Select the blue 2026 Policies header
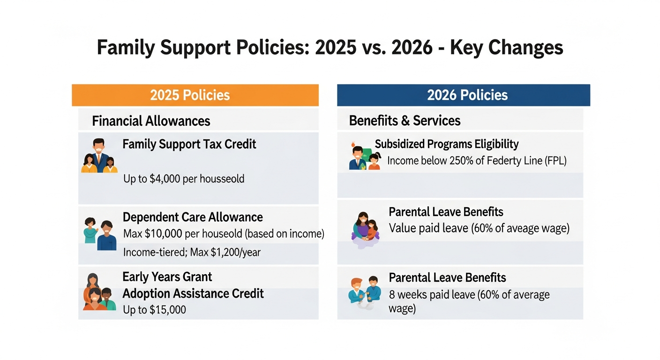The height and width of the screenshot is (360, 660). click(463, 95)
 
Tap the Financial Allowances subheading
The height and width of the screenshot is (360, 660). click(151, 121)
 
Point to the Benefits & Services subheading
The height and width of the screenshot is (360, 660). click(405, 120)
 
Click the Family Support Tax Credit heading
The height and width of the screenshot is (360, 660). click(189, 144)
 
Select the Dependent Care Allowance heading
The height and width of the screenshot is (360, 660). click(193, 217)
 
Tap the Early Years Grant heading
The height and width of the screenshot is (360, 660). click(167, 277)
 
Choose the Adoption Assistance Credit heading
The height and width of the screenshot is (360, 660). click(193, 293)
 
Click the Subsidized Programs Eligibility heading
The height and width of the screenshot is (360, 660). click(447, 144)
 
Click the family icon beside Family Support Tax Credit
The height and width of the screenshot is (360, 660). click(99, 156)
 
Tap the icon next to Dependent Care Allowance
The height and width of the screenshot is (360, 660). click(100, 234)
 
